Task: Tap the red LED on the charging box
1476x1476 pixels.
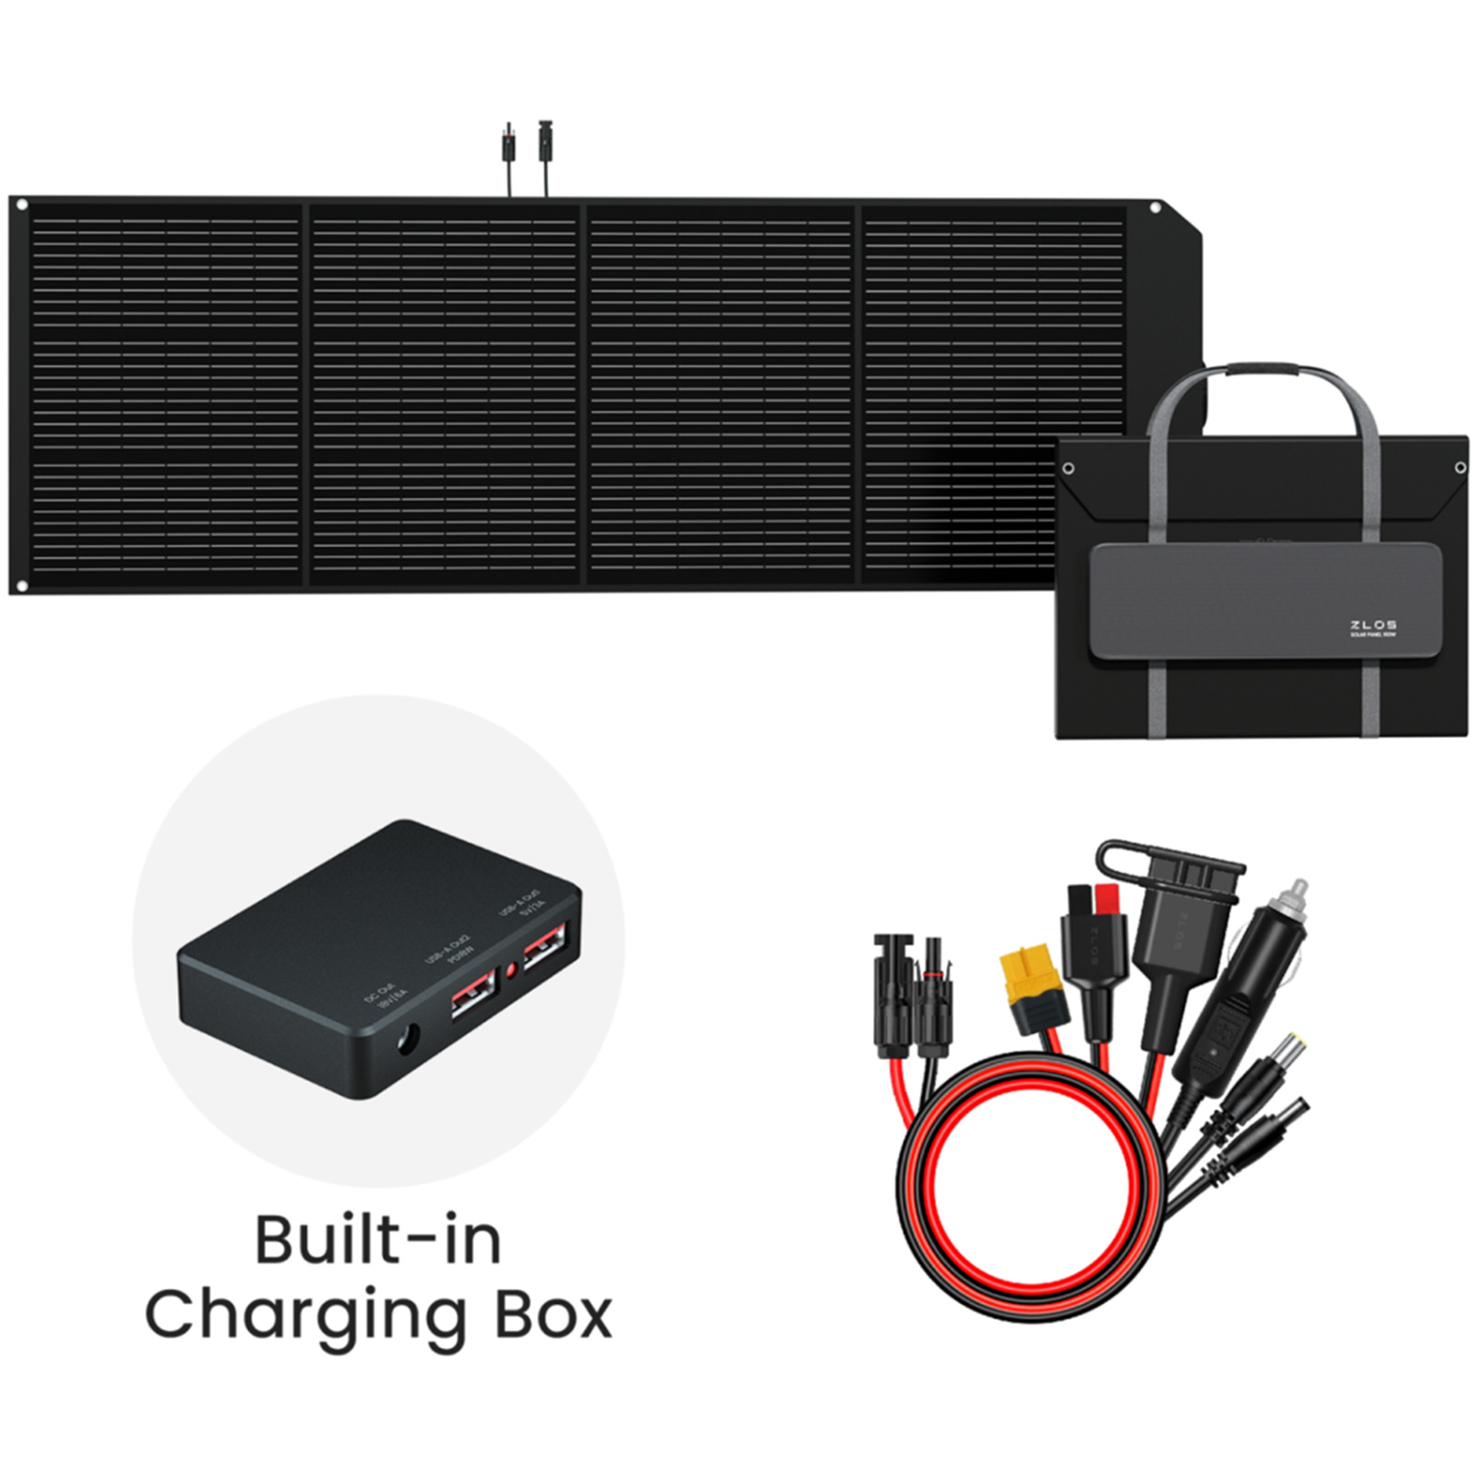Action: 510,970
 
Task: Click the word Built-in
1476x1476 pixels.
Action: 378,1241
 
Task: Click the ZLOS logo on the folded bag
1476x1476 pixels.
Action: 1373,625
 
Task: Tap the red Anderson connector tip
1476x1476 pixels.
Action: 1104,901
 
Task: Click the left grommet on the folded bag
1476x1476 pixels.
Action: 1068,469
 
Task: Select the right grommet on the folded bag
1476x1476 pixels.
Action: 1460,469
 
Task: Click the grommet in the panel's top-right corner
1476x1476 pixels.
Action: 1154,208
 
